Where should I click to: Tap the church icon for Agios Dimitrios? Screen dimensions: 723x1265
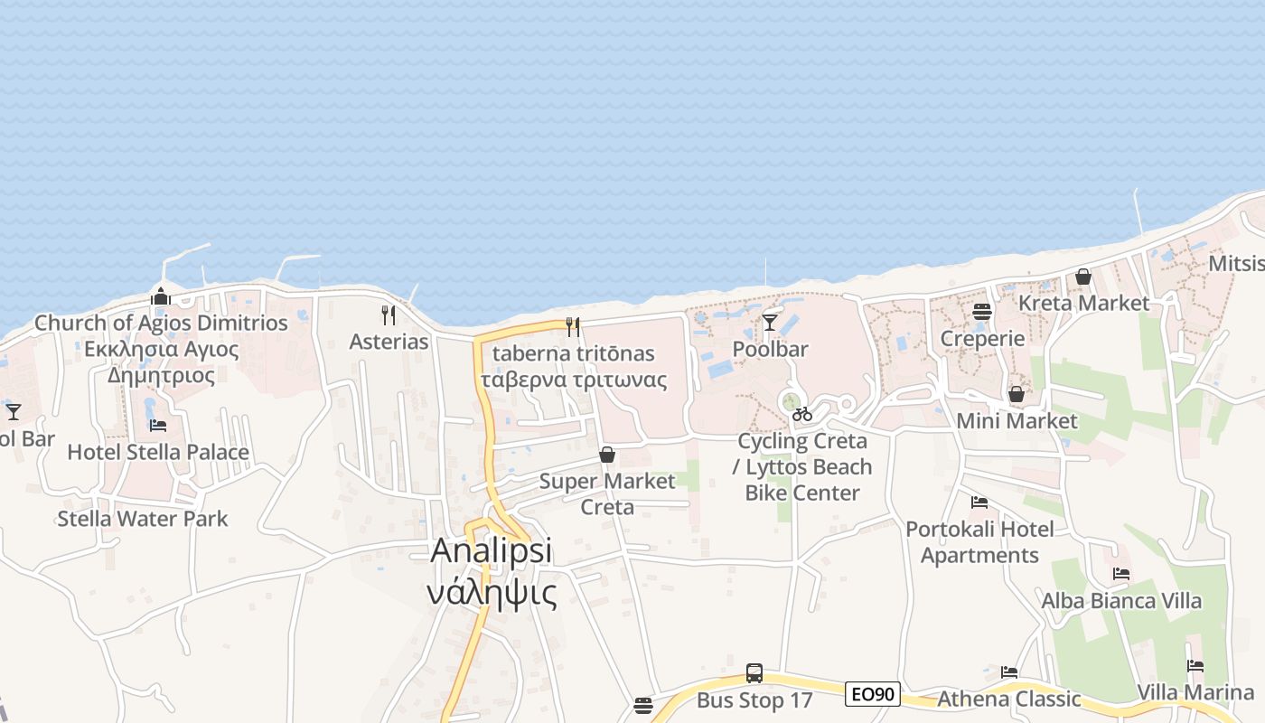click(x=161, y=296)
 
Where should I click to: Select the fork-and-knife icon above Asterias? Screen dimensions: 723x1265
click(x=389, y=315)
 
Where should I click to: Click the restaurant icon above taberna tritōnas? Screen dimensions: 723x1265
click(x=573, y=327)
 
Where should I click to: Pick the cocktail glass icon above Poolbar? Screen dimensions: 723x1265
click(x=770, y=322)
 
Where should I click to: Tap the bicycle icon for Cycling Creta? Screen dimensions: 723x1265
click(x=802, y=414)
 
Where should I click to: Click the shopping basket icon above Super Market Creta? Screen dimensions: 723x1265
click(x=607, y=454)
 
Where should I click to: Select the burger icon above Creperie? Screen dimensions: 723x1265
click(x=982, y=312)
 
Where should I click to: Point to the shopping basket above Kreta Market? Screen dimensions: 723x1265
click(x=1083, y=277)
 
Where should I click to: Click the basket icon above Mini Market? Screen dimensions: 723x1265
click(x=1017, y=394)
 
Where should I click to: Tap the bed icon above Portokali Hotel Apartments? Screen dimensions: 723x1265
click(x=979, y=502)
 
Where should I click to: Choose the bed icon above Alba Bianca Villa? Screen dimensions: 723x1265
click(x=1121, y=574)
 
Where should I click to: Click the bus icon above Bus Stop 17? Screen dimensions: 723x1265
click(x=754, y=673)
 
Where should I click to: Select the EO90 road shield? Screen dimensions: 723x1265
click(x=873, y=694)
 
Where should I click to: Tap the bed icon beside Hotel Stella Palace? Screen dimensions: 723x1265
click(x=158, y=425)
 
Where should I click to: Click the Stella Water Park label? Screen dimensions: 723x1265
click(x=143, y=519)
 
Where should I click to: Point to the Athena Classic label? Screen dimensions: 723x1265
click(x=1008, y=699)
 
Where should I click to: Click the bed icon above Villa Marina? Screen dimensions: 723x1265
click(x=1195, y=666)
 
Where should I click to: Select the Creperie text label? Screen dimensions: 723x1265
click(x=982, y=339)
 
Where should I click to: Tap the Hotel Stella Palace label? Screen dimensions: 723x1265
click(x=158, y=452)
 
